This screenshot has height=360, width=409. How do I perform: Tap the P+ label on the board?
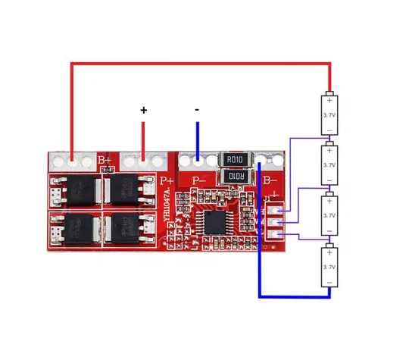(167, 182)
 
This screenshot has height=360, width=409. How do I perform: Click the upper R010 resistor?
(233, 160)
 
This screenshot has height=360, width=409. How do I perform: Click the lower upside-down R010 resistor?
(233, 177)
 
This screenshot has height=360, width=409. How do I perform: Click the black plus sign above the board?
(144, 111)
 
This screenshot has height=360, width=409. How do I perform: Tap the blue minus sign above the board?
(197, 111)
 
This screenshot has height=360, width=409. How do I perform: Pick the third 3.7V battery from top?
(329, 215)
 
